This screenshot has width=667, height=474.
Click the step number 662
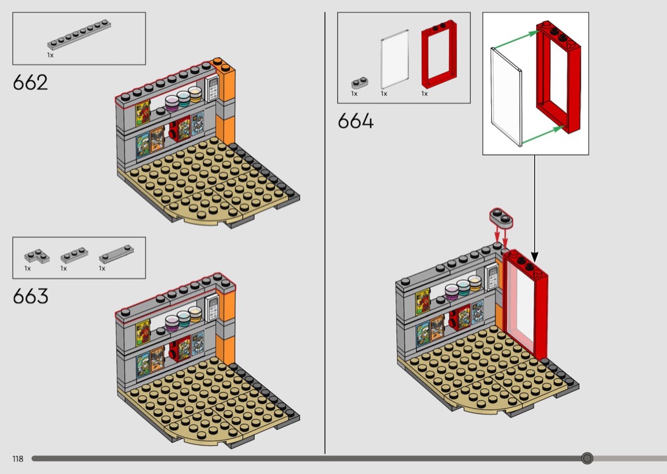point(30,83)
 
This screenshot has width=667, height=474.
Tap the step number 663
point(30,296)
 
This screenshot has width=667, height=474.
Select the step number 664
point(356,121)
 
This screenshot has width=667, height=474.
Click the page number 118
point(18,459)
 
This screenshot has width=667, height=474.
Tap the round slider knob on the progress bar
point(587,458)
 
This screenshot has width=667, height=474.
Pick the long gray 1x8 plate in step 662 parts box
point(79,35)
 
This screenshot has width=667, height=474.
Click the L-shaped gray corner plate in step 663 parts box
point(37,256)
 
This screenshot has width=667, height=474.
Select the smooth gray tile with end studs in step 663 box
point(116,254)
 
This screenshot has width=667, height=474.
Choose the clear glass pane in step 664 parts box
point(394,59)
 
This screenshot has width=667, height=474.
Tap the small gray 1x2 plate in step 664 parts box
point(360,83)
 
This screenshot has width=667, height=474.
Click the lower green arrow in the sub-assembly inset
point(542,135)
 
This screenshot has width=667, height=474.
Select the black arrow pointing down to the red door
point(535,208)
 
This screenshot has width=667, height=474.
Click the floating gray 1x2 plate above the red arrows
point(501,218)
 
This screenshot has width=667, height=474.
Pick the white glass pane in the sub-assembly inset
point(506,97)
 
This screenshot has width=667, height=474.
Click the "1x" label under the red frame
point(424,93)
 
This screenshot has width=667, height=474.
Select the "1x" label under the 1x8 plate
point(50,55)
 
